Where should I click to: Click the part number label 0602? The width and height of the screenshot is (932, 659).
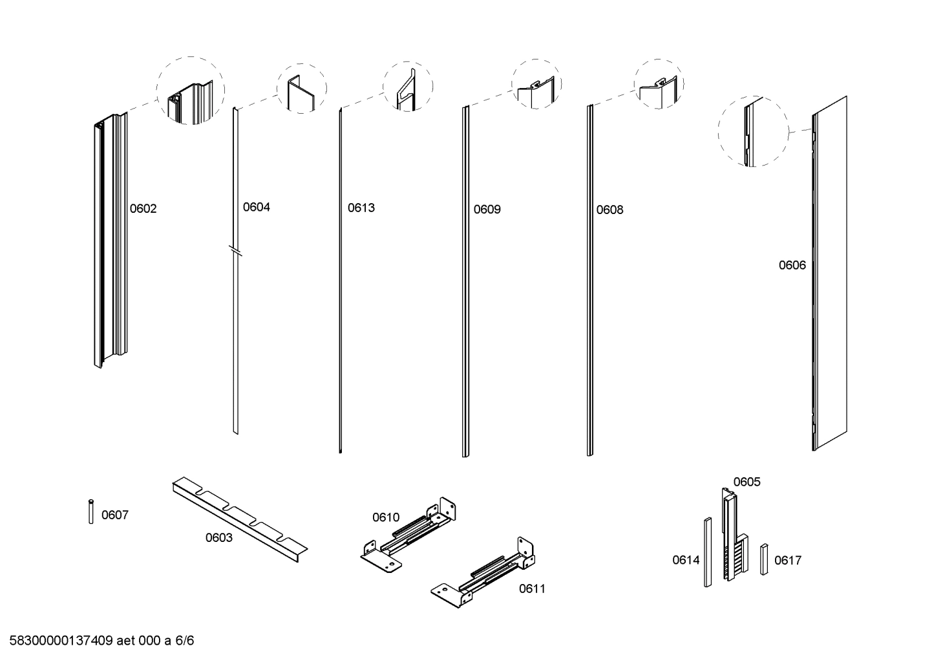coord(143,209)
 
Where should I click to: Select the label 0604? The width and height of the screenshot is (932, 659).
coord(256,208)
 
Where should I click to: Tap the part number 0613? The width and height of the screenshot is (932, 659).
coord(361,208)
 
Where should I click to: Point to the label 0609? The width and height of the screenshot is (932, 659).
coord(487,210)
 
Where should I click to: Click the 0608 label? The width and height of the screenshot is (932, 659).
coord(609,210)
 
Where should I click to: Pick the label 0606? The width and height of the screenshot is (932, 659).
coord(792,265)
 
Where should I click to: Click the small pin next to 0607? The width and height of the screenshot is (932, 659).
coord(91,512)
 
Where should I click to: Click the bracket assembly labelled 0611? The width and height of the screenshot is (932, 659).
coord(485,572)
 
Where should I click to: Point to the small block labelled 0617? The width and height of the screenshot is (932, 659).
coord(764,559)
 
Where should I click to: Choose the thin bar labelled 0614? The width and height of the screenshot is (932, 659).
coord(708,552)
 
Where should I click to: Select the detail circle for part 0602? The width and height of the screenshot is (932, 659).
coord(191,91)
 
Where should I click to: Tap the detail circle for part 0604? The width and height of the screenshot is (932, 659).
coord(302,89)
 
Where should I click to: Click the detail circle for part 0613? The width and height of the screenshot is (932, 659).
coord(408,87)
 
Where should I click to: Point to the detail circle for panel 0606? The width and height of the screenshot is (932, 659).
coord(753,131)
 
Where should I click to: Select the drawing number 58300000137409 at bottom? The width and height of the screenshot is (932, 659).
coord(62,641)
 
